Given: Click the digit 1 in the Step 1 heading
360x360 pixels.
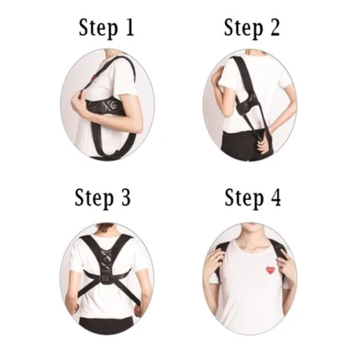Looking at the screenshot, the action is [129, 28].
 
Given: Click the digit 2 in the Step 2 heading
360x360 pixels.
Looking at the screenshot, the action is [273, 27].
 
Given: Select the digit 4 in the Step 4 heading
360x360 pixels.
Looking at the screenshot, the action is [274, 197].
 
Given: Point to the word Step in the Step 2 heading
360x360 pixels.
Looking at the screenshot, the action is [243, 29].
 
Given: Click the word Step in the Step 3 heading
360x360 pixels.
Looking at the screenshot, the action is [94, 198].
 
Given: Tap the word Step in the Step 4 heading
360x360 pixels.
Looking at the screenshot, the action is [244, 199].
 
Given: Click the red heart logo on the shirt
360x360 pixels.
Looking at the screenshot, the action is [271, 270].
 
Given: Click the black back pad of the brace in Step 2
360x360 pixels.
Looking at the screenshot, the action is [246, 103].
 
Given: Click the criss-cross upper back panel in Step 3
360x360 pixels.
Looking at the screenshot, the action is [105, 259].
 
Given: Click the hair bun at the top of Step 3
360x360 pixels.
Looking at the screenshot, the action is [107, 227].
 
